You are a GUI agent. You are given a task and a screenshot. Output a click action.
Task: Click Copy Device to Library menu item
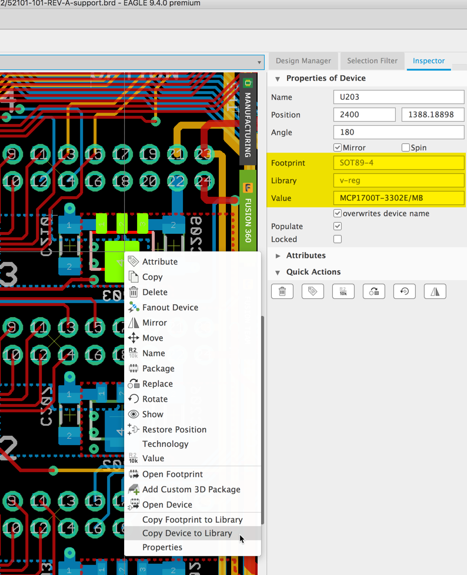coord(187,533)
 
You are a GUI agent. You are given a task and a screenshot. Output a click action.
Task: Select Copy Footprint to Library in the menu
coord(192,520)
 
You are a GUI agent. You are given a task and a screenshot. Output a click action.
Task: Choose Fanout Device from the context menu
coord(170,307)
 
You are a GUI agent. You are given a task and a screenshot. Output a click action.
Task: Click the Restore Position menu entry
coord(174,429)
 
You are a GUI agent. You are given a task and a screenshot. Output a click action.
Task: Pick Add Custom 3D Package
coord(191,489)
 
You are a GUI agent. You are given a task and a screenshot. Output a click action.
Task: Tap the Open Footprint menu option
coord(172,474)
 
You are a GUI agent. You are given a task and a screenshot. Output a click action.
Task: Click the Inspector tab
coord(428,60)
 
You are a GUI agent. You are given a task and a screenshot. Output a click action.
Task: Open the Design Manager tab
coord(303,60)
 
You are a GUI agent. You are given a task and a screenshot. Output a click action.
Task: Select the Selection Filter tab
coord(372,60)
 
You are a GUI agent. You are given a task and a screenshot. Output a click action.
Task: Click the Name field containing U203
coord(398,97)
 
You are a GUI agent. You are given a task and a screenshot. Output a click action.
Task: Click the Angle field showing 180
coord(398,132)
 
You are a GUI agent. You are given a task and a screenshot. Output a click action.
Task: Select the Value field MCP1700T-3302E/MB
coord(398,198)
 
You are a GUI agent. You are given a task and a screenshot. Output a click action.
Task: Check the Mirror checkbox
coord(338,147)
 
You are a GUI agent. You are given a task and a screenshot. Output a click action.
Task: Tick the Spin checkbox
coord(405,147)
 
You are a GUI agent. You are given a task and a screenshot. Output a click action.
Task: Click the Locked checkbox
coord(338,239)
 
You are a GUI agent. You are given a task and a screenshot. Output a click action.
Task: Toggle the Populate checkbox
coord(338,226)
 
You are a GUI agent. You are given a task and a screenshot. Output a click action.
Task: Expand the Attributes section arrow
coord(278,255)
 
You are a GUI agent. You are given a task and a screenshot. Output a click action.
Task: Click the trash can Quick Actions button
coord(282,291)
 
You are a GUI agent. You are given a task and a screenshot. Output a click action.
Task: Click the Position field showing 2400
coord(364,115)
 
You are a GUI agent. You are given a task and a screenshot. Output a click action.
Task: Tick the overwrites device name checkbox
coord(338,213)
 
